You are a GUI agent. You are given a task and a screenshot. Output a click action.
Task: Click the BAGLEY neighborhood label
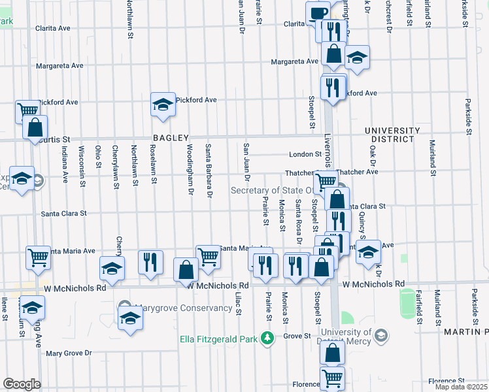[x=171, y=138]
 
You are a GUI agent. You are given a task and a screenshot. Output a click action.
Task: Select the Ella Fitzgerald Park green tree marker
[x=267, y=338]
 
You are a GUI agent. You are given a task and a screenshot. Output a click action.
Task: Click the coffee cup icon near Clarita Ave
[x=318, y=13]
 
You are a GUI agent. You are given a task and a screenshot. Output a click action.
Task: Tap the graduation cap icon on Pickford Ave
[x=163, y=105]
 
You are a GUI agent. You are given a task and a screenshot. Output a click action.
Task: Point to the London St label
[x=305, y=155]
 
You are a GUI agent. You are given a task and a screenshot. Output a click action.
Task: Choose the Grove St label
[x=296, y=336]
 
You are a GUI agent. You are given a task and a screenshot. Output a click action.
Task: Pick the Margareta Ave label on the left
[x=59, y=66]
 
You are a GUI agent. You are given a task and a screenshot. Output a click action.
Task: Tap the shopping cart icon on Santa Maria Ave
[x=208, y=256]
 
